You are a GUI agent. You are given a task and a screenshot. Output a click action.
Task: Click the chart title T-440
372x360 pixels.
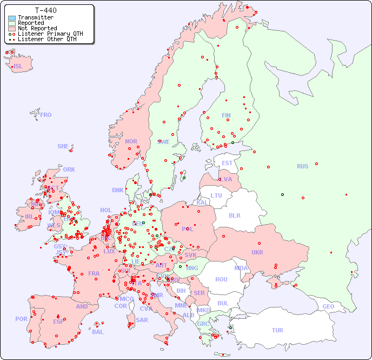tap(45, 10)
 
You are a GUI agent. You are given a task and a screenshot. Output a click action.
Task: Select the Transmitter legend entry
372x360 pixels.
tap(35, 17)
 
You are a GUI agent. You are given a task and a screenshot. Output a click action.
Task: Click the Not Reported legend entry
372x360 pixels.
tap(37, 28)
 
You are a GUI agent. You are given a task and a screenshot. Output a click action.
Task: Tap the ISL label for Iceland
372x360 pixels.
tap(18, 67)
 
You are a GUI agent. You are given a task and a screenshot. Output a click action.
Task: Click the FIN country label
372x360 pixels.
tap(226, 115)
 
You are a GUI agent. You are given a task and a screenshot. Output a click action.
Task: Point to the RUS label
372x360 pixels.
tap(302, 166)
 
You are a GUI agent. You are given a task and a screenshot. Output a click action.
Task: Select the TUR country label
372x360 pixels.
tap(277, 330)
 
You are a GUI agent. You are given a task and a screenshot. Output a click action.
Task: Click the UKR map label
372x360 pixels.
tap(257, 252)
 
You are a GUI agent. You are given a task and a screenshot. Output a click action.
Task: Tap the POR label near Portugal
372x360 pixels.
tap(21, 319)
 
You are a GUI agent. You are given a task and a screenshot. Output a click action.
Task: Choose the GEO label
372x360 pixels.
tap(328, 306)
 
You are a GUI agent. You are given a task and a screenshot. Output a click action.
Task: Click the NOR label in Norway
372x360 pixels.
tap(131, 141)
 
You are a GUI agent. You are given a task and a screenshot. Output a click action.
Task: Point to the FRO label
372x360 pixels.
tap(46, 115)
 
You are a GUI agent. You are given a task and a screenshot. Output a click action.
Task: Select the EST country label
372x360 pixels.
tap(227, 163)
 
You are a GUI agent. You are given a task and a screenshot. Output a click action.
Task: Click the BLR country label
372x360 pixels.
tap(234, 215)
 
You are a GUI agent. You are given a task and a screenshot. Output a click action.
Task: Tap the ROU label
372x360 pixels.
tap(221, 279)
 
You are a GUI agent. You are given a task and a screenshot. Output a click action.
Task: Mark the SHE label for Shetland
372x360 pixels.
tap(63, 146)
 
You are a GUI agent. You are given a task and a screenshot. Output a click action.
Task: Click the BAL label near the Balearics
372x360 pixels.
tap(98, 332)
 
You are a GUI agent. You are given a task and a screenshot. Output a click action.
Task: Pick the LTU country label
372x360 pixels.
tap(216, 195)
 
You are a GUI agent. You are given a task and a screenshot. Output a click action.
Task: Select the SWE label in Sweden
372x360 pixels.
tap(163, 142)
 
